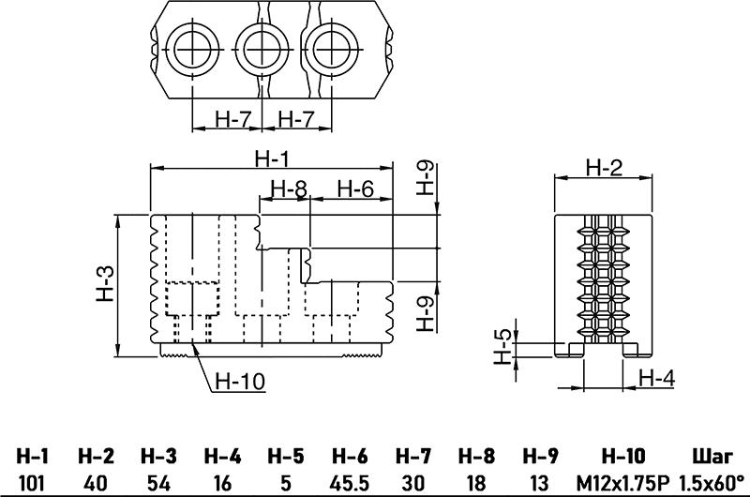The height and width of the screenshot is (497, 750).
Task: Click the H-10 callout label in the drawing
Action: (x=241, y=381)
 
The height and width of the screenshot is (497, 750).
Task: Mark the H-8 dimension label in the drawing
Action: (x=288, y=188)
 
